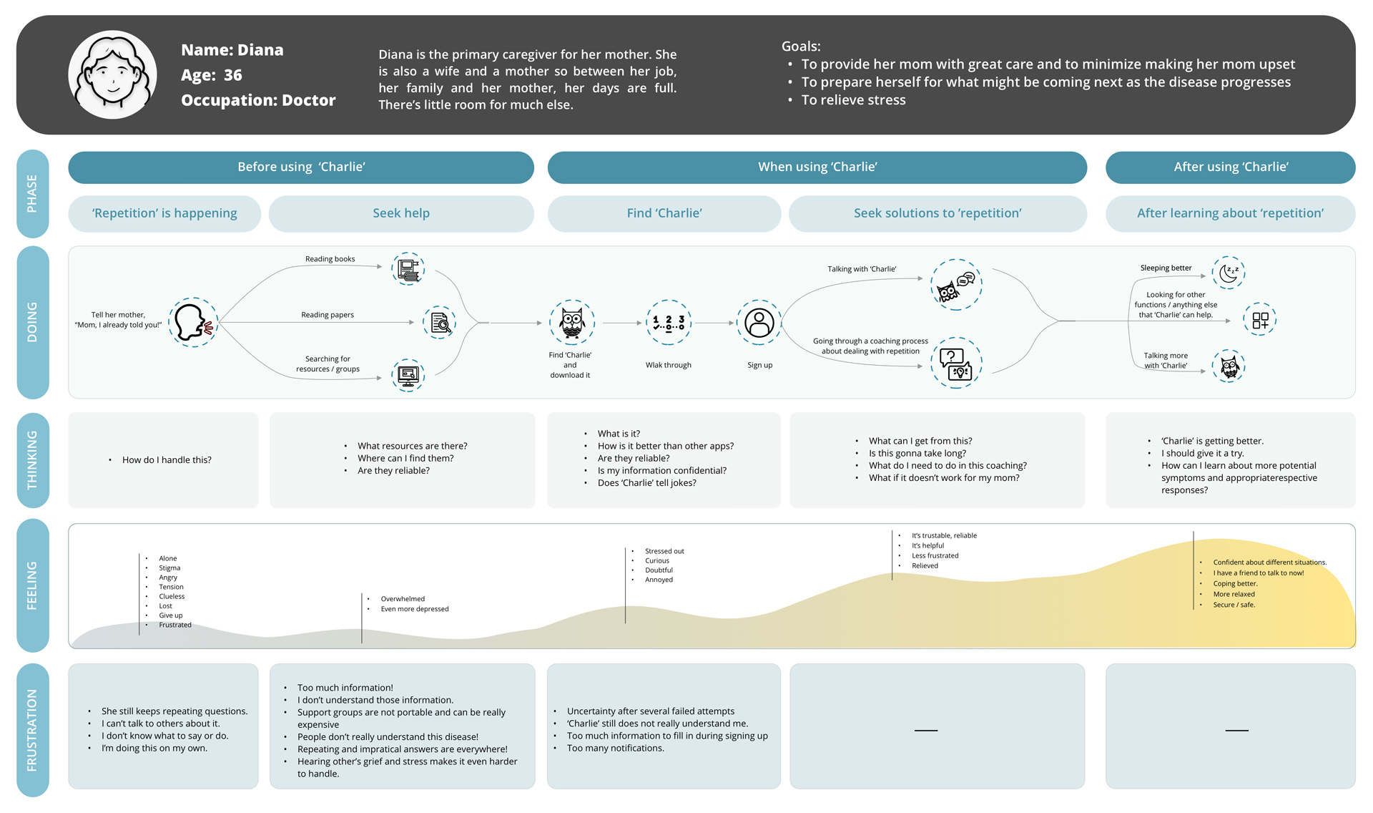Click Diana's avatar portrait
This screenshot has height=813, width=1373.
[x=112, y=74]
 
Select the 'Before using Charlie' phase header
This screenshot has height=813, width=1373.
[x=301, y=167]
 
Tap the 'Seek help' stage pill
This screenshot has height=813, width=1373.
[x=401, y=213]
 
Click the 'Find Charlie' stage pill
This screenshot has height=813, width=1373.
[x=664, y=213]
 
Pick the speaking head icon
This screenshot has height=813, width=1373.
[x=193, y=323]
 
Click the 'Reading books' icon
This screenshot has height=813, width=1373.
[x=408, y=269]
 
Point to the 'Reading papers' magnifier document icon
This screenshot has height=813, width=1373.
[x=440, y=323]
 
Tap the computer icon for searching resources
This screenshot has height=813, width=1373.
[x=408, y=375]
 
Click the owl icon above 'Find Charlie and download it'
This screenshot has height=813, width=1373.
[x=572, y=323]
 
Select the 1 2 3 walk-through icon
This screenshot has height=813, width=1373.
[x=669, y=323]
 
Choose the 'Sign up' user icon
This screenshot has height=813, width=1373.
[x=759, y=323]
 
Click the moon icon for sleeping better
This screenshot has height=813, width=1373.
[x=1229, y=273]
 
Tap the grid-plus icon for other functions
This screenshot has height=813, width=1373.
[x=1260, y=320]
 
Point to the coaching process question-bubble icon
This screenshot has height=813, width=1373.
[x=956, y=363]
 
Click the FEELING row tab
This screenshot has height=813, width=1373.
[x=33, y=585]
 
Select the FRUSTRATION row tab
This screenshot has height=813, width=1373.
[x=33, y=730]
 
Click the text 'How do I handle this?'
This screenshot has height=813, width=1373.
[x=167, y=460]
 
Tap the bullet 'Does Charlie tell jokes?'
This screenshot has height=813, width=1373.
[x=646, y=483]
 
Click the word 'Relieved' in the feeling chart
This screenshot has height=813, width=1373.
[x=925, y=566]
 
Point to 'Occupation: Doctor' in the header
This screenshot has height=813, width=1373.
[x=258, y=100]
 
